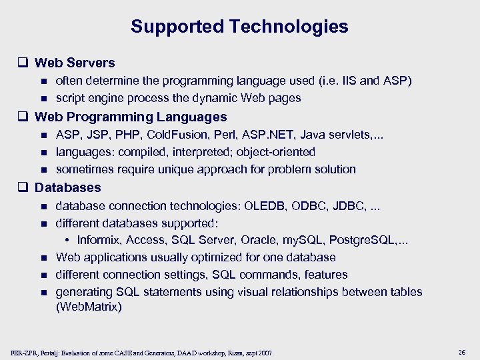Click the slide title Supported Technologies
tap(239, 27)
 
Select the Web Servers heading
tap(75, 63)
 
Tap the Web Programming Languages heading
tap(131, 117)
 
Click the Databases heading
tap(67, 188)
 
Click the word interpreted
tap(199, 152)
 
